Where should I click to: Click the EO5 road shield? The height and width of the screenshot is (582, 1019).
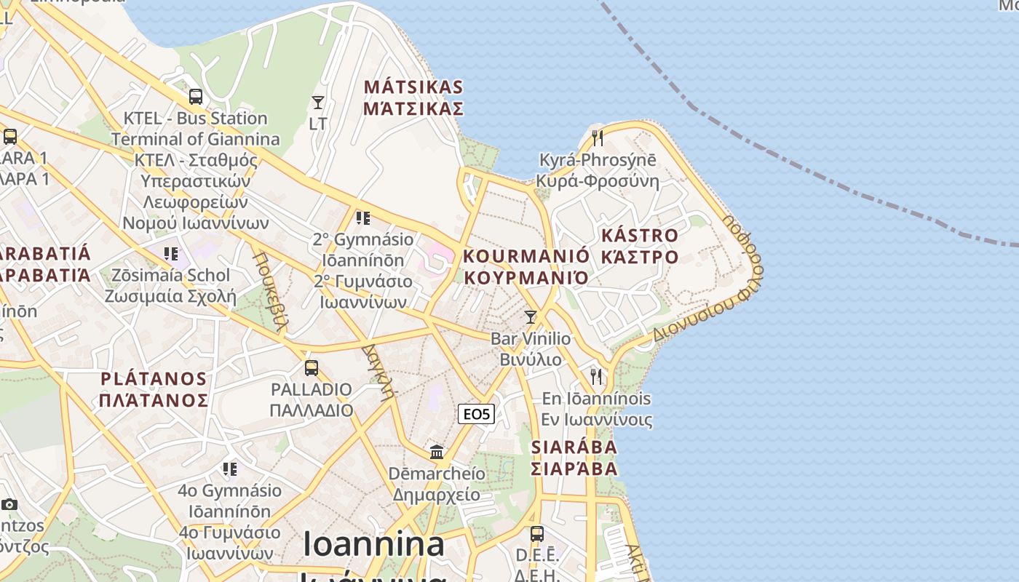(x=477, y=414)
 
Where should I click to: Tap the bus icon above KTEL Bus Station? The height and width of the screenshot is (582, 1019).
(x=195, y=96)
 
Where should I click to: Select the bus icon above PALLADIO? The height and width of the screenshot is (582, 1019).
(x=312, y=367)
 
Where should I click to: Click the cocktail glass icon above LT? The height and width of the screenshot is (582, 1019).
(x=318, y=102)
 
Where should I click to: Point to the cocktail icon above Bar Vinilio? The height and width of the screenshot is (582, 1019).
(x=531, y=316)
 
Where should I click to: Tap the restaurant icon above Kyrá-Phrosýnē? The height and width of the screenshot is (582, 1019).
(x=598, y=137)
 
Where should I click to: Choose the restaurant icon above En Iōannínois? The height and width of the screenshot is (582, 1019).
(x=596, y=376)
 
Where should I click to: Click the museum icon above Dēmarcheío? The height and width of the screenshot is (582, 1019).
(x=437, y=452)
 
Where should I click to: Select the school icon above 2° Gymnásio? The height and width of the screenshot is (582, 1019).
(x=362, y=218)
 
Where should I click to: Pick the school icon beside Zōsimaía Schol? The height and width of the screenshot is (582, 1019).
(x=171, y=253)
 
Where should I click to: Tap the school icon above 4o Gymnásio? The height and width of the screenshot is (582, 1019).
(x=230, y=469)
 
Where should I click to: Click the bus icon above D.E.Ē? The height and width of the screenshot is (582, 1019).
(x=536, y=533)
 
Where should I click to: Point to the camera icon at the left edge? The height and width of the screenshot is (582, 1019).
(x=9, y=504)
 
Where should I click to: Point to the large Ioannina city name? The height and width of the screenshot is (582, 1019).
(x=373, y=544)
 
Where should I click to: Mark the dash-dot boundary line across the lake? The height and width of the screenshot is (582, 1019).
(x=801, y=171)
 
